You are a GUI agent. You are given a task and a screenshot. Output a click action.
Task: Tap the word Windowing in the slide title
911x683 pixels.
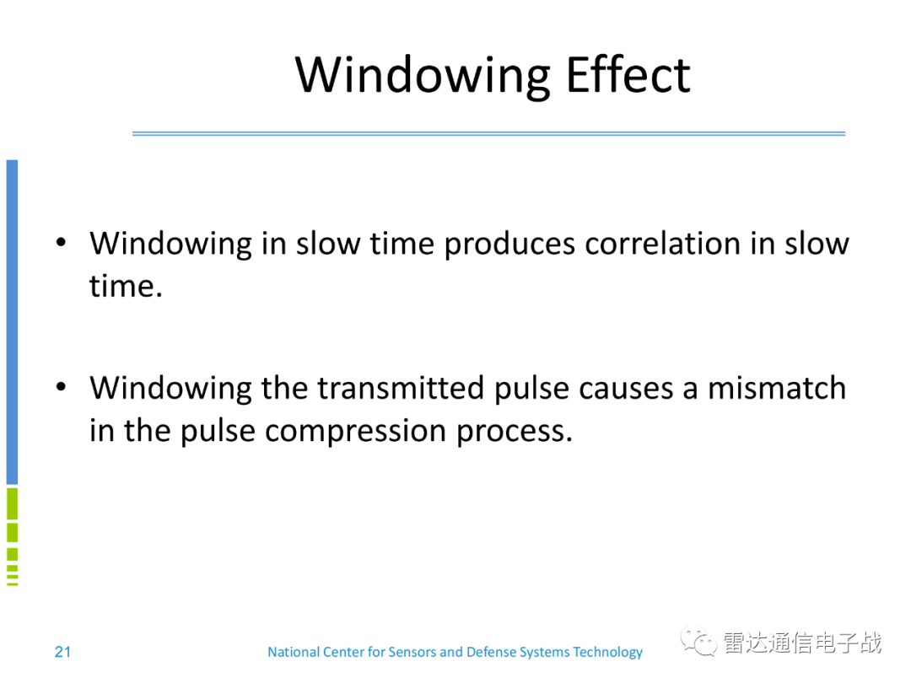tap(423, 78)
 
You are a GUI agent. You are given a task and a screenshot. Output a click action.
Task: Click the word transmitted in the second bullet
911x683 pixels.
tap(401, 388)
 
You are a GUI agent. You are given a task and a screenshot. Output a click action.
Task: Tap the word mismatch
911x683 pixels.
tap(777, 388)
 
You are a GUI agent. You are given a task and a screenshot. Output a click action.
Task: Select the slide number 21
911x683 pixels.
tap(62, 652)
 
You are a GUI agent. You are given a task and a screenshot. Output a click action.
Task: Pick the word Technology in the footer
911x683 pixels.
tap(607, 653)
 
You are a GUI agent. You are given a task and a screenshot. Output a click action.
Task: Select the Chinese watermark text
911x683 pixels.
tap(803, 643)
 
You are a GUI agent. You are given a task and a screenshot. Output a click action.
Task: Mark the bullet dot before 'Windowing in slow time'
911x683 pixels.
tap(61, 243)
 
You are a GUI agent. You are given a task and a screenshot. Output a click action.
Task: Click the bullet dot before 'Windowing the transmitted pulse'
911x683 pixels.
tap(61, 387)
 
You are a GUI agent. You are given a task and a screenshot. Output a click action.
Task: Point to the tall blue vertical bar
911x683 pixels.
tap(12, 322)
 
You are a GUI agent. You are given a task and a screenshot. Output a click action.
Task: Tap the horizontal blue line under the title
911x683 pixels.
tap(488, 133)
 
